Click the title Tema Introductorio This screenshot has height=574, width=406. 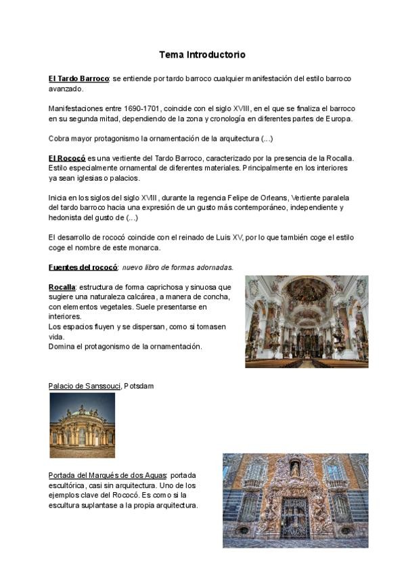coord(202,54)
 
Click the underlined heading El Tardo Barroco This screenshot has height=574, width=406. coord(78,79)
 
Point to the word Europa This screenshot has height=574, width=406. coord(340,118)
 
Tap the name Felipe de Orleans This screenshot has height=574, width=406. coord(247,198)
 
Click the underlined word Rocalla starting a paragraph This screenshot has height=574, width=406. coord(62,287)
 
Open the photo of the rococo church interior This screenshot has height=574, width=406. coord(307,322)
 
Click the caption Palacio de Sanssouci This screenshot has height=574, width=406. coord(85,386)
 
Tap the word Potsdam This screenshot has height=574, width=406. coord(139,386)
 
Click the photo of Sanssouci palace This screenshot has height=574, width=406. coord(82,425)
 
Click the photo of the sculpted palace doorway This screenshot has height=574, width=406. coord(295,500)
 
